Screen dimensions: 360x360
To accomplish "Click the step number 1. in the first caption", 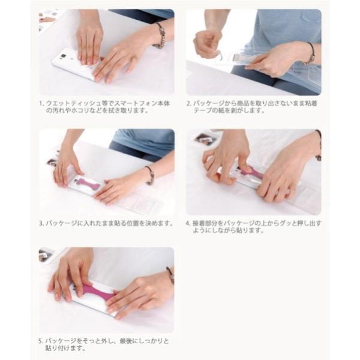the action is point(41,104).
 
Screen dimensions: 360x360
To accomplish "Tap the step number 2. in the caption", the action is point(189,104).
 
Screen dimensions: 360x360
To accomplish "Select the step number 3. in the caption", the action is point(41,223).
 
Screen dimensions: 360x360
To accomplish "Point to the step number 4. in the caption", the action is point(188,223).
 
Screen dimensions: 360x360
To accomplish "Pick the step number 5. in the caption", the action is point(41,341).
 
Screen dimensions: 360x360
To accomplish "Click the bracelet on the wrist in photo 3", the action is point(150,175).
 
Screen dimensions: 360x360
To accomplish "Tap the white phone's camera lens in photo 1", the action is point(63,56).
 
